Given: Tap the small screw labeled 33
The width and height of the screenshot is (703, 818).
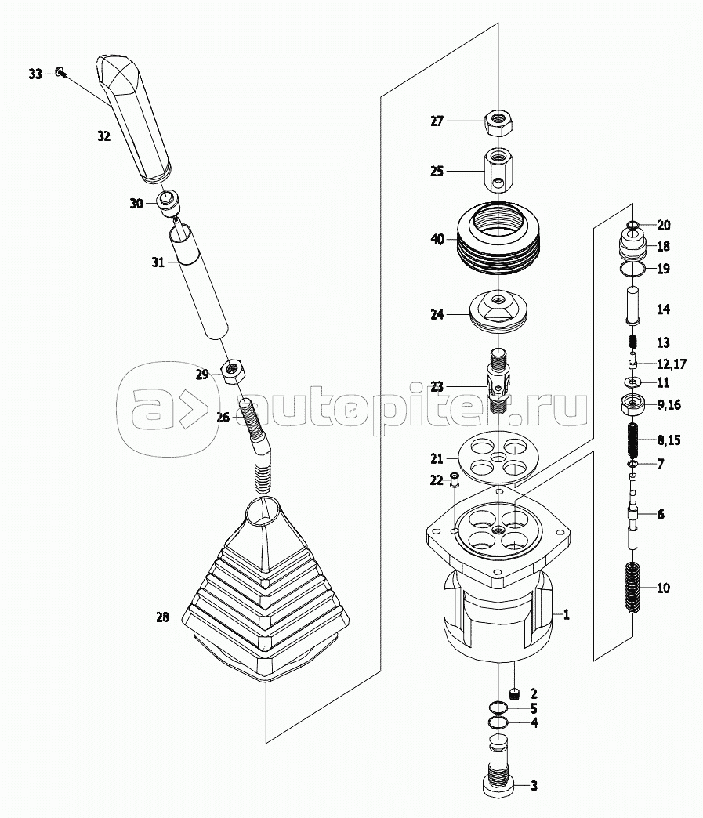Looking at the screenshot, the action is tap(60, 74).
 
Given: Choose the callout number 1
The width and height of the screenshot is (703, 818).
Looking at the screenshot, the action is tap(566, 615).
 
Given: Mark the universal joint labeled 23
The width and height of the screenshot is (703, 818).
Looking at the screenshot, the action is tap(498, 384).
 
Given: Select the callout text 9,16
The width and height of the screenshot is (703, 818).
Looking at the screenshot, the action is tap(669, 405).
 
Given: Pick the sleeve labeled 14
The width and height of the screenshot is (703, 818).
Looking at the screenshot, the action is tap(636, 306).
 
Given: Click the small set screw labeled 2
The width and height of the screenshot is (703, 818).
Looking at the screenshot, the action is tap(516, 693).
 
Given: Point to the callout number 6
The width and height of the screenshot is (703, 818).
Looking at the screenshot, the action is tap(660, 515).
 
